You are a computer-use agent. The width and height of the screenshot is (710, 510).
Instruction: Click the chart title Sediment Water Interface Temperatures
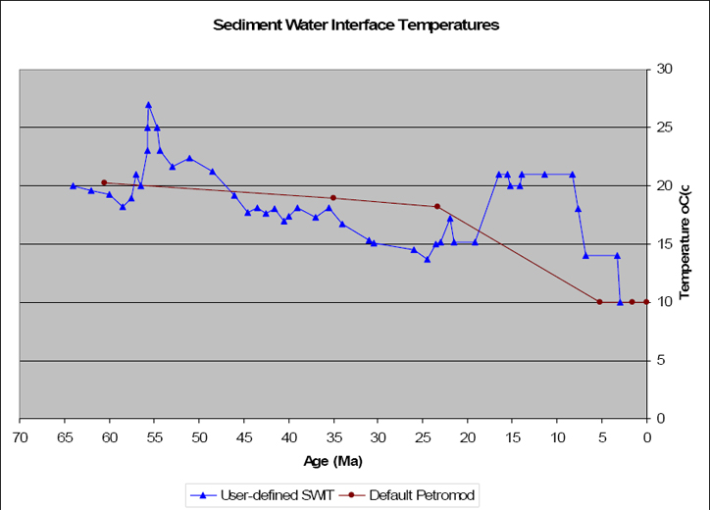coord(356,25)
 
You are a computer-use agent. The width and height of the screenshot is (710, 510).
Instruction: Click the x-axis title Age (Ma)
coord(333,460)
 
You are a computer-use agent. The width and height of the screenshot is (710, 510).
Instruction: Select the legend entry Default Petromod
coord(409,495)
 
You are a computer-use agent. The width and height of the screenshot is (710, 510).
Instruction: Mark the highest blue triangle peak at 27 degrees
coord(148,105)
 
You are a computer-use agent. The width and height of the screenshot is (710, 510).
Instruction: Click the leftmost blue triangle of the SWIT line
coord(73,185)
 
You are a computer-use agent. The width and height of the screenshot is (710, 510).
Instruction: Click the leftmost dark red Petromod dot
coord(104,182)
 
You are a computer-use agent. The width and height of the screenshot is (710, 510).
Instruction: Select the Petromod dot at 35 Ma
coord(333,198)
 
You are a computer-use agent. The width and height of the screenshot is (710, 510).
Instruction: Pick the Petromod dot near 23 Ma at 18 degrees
coord(437,206)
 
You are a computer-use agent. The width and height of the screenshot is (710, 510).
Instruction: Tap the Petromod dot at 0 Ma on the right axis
coord(646,302)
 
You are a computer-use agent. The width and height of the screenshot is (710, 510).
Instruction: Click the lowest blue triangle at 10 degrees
coord(620,302)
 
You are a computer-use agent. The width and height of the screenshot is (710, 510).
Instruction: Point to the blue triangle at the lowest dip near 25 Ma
coord(427,259)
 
